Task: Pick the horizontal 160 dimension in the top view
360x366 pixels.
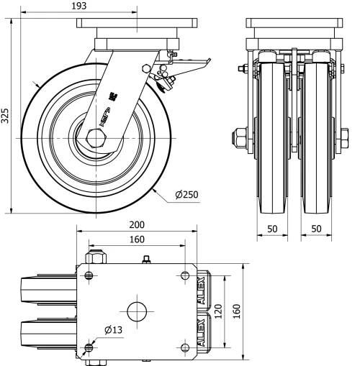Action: point(137,239)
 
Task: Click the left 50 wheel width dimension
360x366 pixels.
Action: point(273,228)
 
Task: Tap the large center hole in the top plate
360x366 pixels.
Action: point(137,312)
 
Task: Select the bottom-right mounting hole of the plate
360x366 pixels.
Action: point(185,348)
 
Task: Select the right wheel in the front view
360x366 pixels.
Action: point(316,137)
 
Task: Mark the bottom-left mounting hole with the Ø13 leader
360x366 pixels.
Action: point(89,348)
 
